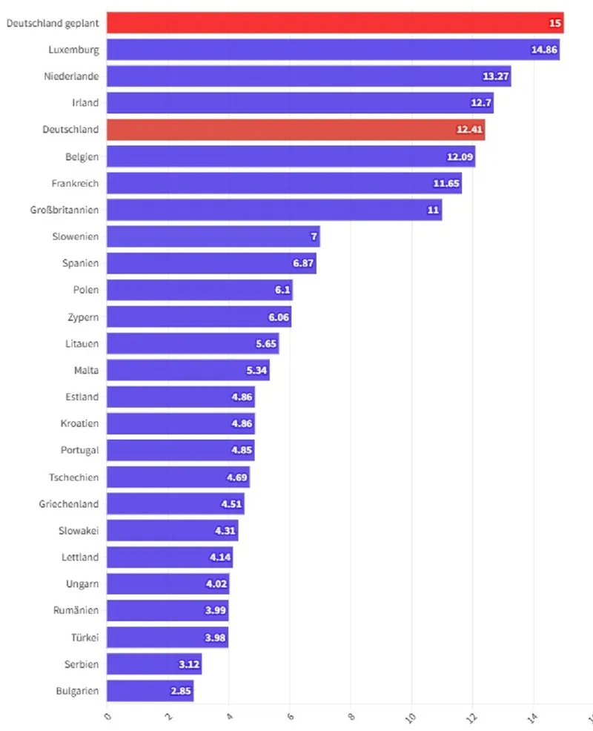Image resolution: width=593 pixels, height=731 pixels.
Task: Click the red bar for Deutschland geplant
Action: (334, 23)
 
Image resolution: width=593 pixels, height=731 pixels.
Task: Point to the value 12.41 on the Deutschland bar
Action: (468, 130)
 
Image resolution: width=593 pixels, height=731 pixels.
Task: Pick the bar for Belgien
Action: (291, 156)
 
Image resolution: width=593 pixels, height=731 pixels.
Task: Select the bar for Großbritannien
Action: (274, 210)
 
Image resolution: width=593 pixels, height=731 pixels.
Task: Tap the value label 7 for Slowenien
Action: (314, 236)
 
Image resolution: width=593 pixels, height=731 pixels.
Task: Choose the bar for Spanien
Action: (211, 263)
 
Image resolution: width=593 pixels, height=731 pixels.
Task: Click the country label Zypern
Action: (82, 317)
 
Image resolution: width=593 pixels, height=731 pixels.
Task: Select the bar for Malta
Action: (188, 370)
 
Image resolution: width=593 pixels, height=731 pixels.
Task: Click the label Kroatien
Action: (79, 423)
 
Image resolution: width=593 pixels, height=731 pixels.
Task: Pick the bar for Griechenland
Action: (175, 503)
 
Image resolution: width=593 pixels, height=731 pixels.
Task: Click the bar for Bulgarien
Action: (150, 690)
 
